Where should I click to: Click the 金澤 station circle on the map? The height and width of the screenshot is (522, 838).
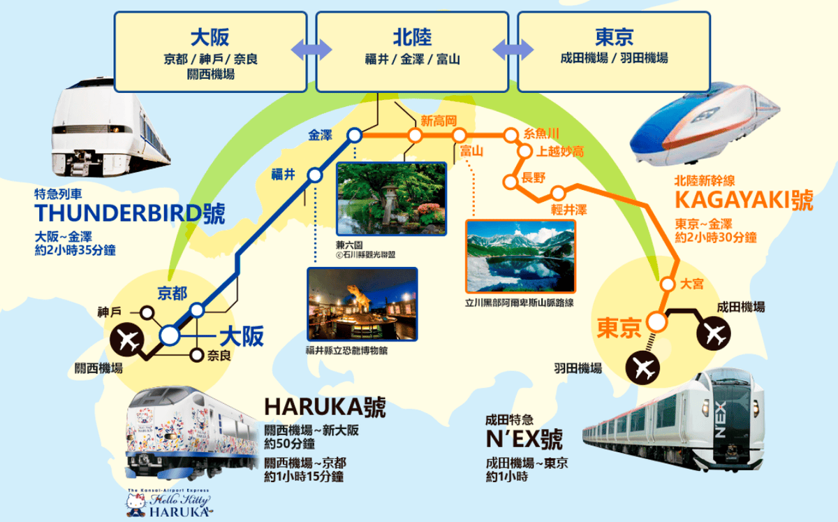point(355,136)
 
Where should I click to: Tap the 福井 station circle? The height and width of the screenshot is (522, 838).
point(315,175)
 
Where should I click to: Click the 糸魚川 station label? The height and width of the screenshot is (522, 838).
point(541,133)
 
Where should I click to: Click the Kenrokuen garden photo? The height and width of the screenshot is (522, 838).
point(391,198)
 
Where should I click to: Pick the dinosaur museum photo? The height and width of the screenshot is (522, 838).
point(362,304)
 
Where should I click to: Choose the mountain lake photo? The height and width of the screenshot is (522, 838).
point(520,256)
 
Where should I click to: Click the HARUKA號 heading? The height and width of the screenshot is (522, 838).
point(325,407)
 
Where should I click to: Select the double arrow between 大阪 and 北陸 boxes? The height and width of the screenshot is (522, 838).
point(311,48)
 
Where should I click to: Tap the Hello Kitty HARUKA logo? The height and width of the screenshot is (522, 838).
point(169,503)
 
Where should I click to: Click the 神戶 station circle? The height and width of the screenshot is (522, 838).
point(147,312)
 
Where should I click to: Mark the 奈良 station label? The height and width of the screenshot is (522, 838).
point(218,356)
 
